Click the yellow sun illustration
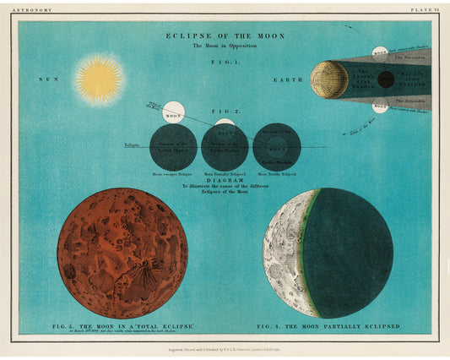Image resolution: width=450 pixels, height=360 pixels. (99, 79)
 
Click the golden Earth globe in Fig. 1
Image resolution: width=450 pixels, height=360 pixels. (328, 79)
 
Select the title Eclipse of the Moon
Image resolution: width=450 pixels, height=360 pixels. (225, 35)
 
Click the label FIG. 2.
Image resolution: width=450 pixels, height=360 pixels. (225, 112)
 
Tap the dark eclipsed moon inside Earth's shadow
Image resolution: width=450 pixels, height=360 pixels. (386, 79)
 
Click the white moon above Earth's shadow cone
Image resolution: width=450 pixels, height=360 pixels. (380, 52)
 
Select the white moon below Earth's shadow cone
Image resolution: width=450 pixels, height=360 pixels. (380, 106)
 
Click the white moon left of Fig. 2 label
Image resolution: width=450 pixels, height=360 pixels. (174, 112)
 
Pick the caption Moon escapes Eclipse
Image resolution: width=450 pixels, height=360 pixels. (173, 174)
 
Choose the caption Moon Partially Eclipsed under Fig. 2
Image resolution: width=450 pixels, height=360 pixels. (225, 174)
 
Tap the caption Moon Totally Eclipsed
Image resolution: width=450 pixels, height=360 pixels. (276, 174)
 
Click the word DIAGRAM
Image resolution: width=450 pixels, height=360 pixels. (225, 180)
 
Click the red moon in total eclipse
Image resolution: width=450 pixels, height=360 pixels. (122, 254)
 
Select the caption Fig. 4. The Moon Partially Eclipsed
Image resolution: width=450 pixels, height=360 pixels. (328, 325)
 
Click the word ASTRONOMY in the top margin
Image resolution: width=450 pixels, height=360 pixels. (35, 9)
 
